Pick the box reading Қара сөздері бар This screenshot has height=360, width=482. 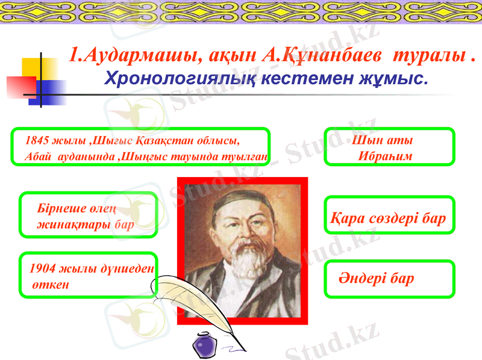[389, 218]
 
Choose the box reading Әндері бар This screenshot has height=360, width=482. [389, 279]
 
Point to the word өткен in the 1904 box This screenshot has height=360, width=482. [51, 284]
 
